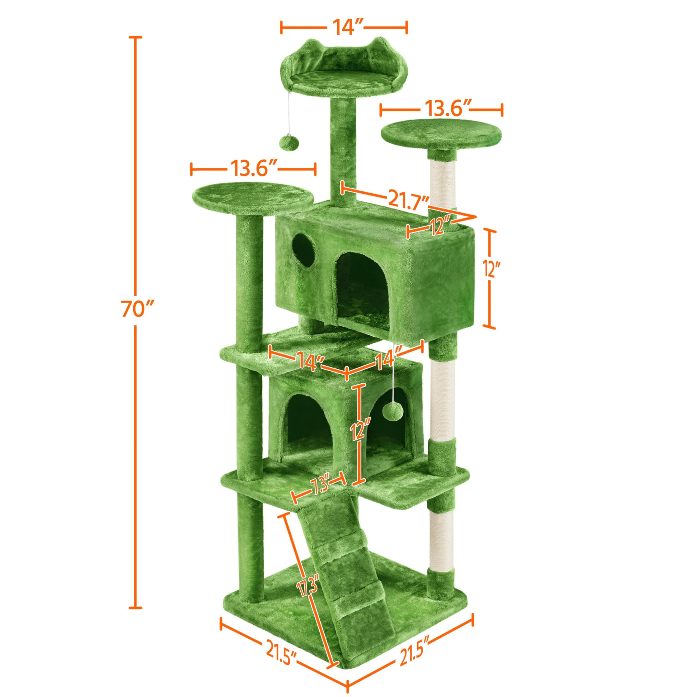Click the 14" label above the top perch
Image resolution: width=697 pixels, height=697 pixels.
343,27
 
